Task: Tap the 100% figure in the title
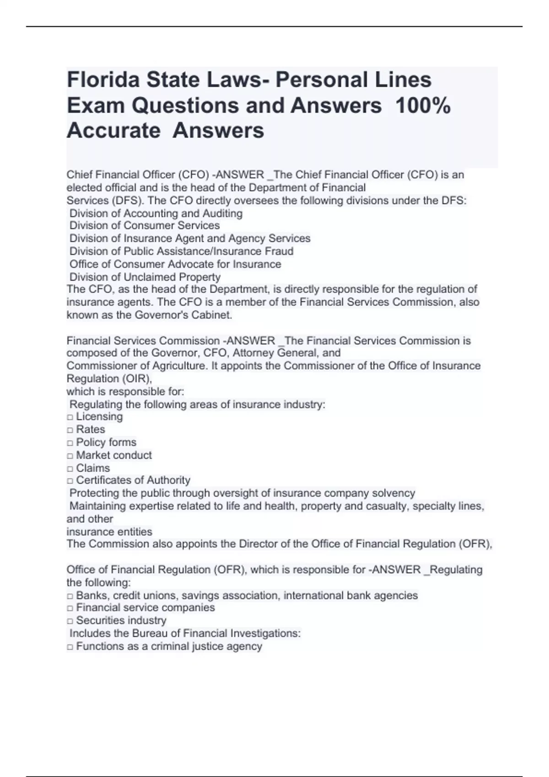pos(423,106)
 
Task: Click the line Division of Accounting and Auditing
pos(156,213)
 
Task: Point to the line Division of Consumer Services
pos(144,226)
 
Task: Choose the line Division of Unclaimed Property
pos(145,277)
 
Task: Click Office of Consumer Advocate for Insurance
pos(175,264)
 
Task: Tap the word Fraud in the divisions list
pos(279,251)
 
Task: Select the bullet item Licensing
pos(99,417)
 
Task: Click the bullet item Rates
pos(90,430)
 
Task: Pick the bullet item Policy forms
pos(106,442)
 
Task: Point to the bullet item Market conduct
pos(113,455)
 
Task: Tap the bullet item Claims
pos(93,468)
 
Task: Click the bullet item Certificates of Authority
pos(133,480)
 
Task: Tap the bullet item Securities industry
pos(121,621)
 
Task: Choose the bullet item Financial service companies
pos(145,607)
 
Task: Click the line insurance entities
pos(109,532)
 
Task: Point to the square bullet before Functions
pos(70,647)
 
